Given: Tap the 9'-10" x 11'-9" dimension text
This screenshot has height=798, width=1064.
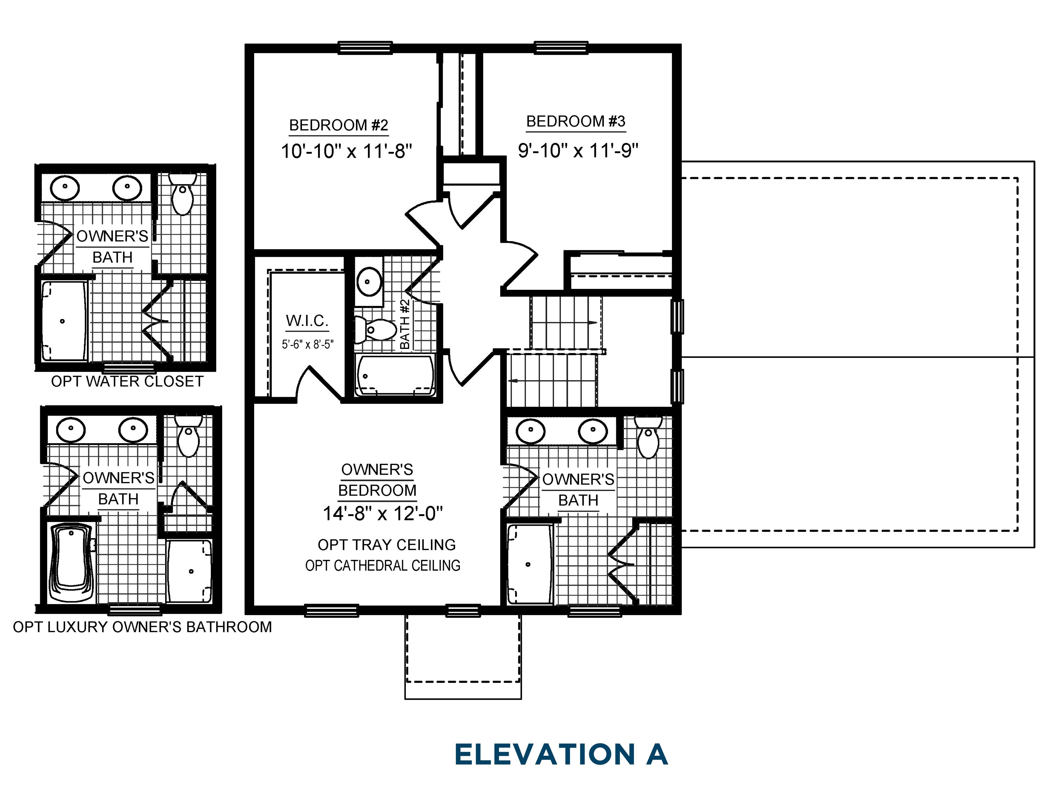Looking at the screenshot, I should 578,151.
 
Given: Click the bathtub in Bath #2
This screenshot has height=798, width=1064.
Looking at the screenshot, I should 395,376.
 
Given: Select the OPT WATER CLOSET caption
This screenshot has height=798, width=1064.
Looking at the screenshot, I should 127,381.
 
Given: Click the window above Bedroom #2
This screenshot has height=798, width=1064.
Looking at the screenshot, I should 365,47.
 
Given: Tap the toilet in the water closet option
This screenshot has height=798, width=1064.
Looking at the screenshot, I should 183,196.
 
